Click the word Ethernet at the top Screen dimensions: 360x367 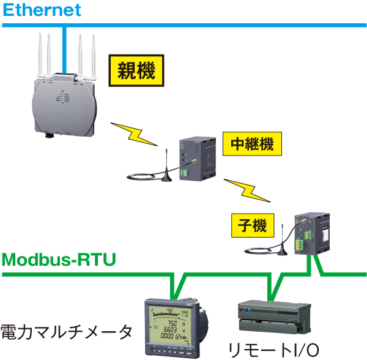tap(42, 10)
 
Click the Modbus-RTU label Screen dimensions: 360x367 tap(59, 260)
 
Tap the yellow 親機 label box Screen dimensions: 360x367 tap(136, 72)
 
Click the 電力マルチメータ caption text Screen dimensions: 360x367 tap(66, 332)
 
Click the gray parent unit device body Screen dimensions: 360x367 tap(65, 104)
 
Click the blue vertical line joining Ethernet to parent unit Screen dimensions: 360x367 tap(64, 49)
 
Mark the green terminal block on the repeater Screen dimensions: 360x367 tap(185, 173)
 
